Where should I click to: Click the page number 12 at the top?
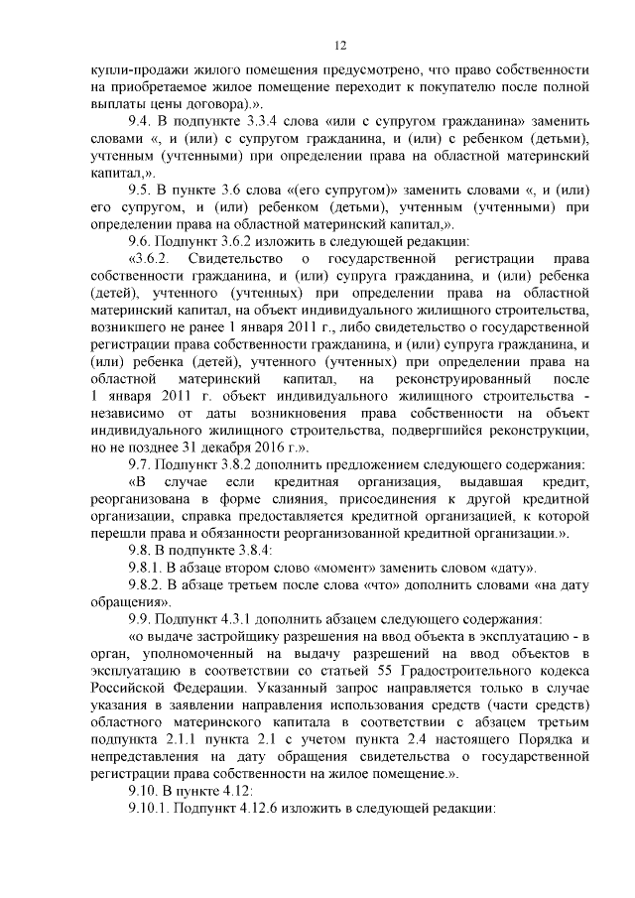point(339,46)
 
